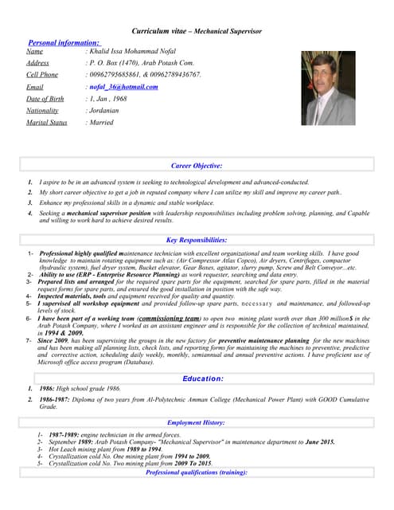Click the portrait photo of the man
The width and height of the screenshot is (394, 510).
pyautogui.click(x=328, y=88)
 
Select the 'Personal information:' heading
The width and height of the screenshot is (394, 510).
pyautogui.click(x=64, y=42)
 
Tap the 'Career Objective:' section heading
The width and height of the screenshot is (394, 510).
pyautogui.click(x=197, y=166)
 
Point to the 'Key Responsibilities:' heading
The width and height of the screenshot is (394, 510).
pyautogui.click(x=197, y=240)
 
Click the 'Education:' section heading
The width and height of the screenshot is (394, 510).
pyautogui.click(x=203, y=379)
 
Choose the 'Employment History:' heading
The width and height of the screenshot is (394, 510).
pyautogui.click(x=197, y=422)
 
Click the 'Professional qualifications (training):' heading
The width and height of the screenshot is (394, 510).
pyautogui.click(x=197, y=473)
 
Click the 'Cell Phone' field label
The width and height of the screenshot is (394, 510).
pyautogui.click(x=42, y=75)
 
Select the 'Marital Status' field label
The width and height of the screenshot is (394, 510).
pyautogui.click(x=46, y=123)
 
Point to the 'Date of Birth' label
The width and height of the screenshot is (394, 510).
pyautogui.click(x=45, y=99)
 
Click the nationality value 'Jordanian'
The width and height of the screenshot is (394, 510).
pyautogui.click(x=103, y=111)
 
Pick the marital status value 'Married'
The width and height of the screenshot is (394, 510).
pyautogui.click(x=101, y=123)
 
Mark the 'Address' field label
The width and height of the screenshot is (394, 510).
pyautogui.click(x=37, y=63)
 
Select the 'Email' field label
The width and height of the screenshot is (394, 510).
pyautogui.click(x=35, y=87)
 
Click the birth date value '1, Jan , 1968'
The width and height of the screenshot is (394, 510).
pyautogui.click(x=108, y=99)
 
